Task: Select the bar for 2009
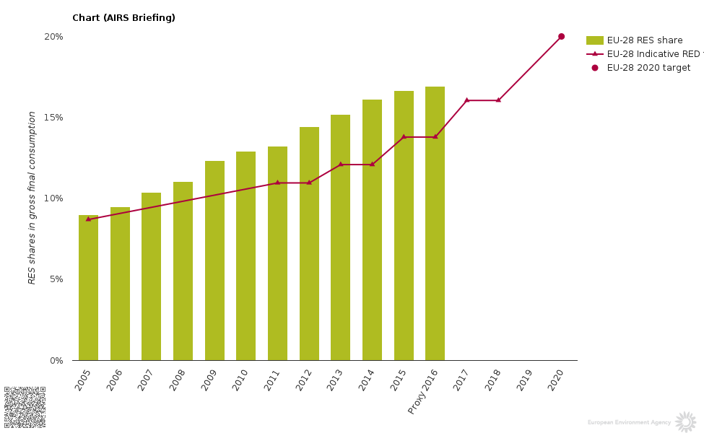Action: (x=214, y=261)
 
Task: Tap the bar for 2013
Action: (x=340, y=237)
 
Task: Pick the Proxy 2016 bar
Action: (x=435, y=223)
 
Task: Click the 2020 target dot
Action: (x=561, y=36)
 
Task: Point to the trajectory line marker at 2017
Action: (x=466, y=100)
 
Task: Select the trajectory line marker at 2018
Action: (x=498, y=100)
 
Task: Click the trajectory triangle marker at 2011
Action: (x=277, y=183)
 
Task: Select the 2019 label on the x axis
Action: (x=525, y=380)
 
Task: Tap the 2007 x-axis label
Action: (x=147, y=380)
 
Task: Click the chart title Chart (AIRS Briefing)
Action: (x=123, y=18)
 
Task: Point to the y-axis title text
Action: (x=32, y=197)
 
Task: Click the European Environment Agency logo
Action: (x=685, y=422)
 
